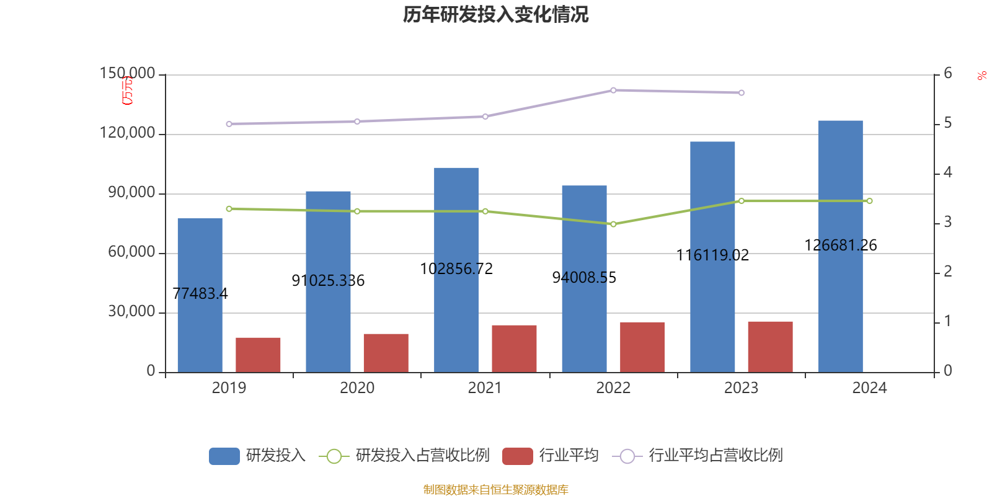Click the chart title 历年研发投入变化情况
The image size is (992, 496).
pos(495,14)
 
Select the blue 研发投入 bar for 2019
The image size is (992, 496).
pos(200,295)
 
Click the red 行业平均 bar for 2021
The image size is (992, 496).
pos(514,348)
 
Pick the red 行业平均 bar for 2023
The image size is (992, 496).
pos(770,347)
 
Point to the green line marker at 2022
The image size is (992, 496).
pos(613,224)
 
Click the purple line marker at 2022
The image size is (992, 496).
pos(613,90)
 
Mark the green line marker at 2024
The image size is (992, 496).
pos(869,201)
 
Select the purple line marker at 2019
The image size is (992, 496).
pos(229,124)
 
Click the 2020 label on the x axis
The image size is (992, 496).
pos(357,388)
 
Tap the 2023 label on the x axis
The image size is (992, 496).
pos(741,388)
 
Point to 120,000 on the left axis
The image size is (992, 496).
pos(128,133)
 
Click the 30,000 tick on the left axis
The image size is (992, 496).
pos(131,312)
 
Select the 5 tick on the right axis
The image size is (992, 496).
pos(947,123)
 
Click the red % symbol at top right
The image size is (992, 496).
pos(981,76)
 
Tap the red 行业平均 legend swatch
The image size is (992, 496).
pos(518,456)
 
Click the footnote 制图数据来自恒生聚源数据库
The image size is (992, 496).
pos(495,490)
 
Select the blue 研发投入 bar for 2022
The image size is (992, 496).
pos(584,279)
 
